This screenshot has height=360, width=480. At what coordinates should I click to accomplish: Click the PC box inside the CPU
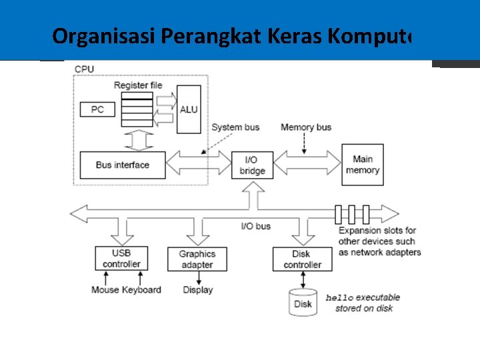pos(97,109)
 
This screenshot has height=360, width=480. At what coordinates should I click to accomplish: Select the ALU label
pos(189,109)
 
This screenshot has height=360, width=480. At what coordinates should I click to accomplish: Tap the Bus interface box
pos(122,165)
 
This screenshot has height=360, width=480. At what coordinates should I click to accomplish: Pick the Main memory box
pos(362,165)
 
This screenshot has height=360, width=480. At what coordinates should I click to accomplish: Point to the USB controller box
pos(121,258)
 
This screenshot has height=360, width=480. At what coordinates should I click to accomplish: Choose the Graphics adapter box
pos(197,259)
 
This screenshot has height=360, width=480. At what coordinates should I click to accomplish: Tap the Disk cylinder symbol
pos(303,303)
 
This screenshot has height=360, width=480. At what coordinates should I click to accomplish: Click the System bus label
pos(235,127)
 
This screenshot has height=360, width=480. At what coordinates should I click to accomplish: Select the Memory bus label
pos(306,127)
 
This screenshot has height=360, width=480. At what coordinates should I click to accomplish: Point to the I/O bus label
pos(255,226)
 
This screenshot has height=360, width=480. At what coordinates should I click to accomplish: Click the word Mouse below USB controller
pos(105,290)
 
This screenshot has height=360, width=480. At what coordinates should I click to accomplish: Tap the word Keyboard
pos(141,290)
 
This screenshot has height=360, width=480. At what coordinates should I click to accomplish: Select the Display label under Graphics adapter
pos(198,290)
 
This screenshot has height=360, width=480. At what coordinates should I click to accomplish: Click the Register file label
pos(138,85)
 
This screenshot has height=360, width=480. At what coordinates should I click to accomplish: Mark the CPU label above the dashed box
pos(84,69)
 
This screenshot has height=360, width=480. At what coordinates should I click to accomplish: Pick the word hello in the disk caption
pos(339,298)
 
